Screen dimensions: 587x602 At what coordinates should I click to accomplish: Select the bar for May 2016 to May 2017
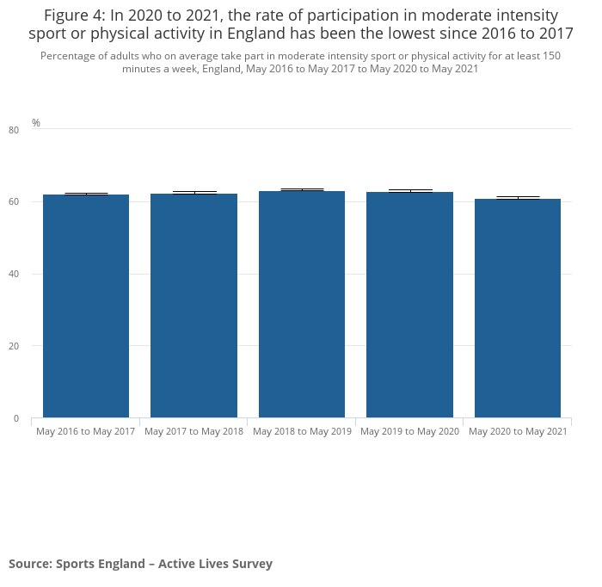[86, 306]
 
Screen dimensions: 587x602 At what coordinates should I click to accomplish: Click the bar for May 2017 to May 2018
[193, 306]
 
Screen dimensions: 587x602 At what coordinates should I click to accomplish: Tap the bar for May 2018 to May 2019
[302, 305]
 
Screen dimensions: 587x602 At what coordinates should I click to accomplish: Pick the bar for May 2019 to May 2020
[409, 305]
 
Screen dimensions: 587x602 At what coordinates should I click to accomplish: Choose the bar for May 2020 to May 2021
[518, 308]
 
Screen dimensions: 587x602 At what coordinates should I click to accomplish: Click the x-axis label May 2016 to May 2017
[86, 431]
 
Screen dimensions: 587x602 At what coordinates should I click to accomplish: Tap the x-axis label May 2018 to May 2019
[302, 431]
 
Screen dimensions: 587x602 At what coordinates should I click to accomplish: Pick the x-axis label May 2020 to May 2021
[518, 431]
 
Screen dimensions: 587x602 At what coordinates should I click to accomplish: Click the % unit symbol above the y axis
[36, 123]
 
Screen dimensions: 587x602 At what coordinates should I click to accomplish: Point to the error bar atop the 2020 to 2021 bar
[518, 198]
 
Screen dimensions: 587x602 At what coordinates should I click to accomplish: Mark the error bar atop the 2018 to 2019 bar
[302, 190]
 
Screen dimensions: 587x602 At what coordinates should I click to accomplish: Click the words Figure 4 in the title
[77, 15]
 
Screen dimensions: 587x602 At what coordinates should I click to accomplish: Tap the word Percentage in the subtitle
[69, 56]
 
